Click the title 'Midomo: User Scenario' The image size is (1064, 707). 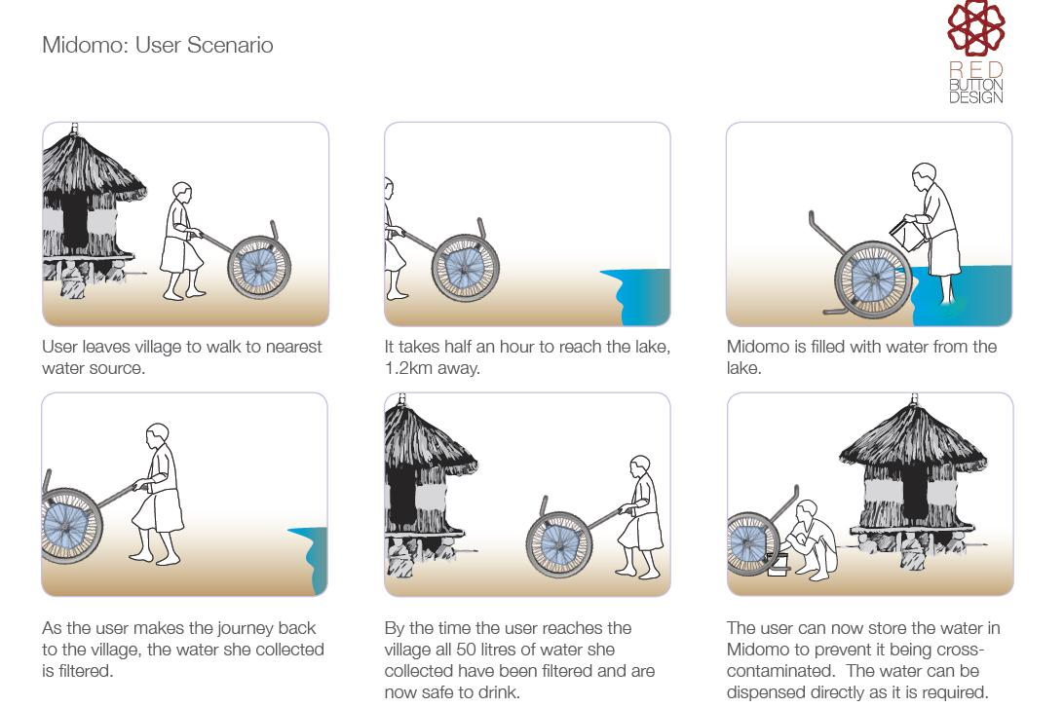point(158,45)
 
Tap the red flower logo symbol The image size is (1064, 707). point(975,27)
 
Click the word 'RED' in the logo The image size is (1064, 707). point(975,69)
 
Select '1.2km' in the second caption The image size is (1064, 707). point(408,368)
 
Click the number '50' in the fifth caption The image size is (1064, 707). point(466,650)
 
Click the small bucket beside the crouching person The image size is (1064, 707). point(778,565)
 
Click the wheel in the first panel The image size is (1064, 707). point(259,268)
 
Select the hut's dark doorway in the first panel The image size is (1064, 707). point(75,222)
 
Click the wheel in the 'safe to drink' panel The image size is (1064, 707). point(558,544)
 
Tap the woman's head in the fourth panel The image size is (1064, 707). point(158,435)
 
